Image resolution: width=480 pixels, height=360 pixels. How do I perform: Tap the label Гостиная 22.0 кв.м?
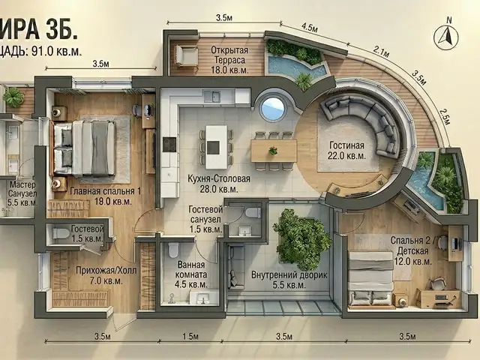346,150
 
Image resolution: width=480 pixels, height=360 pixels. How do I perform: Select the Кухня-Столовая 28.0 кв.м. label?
219,184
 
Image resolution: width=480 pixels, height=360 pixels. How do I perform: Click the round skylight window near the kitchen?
273,108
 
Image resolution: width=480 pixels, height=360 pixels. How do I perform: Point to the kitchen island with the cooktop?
217,147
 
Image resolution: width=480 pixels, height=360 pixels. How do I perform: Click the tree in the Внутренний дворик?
301,235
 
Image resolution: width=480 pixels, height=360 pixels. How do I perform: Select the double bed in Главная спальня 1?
84,148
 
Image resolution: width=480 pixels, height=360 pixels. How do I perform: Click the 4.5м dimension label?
310,28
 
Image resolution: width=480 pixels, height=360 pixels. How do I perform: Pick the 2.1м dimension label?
382,51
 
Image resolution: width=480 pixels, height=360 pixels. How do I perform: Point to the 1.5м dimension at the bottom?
190,337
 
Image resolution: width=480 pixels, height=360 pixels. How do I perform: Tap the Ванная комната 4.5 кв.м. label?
191,274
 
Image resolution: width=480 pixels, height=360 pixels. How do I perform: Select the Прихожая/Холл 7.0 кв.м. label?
106,275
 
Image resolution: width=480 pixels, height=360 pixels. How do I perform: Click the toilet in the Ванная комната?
173,250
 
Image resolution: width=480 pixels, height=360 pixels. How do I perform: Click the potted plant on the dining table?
273,151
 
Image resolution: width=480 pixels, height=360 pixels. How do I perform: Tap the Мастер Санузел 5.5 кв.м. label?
22,193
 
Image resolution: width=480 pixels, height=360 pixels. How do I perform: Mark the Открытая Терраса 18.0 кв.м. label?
229,60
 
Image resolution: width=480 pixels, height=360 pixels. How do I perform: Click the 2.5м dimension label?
444,116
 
